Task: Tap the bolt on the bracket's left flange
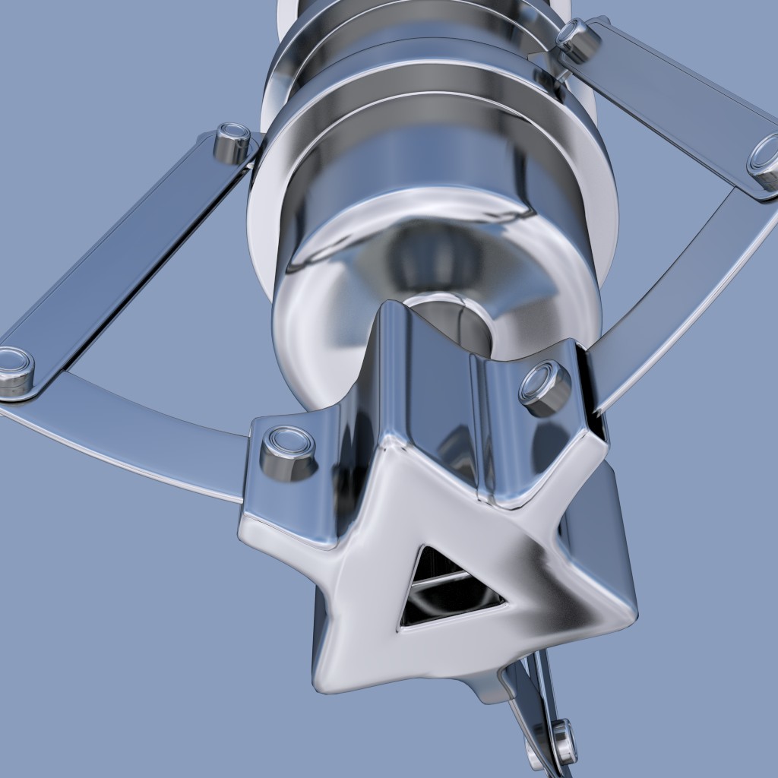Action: tap(287, 453)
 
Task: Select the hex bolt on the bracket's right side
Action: tap(545, 387)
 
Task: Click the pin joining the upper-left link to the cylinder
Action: tap(232, 142)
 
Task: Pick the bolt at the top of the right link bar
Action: tap(577, 40)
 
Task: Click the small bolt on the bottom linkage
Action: tap(563, 741)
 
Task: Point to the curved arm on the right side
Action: tap(676, 304)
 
